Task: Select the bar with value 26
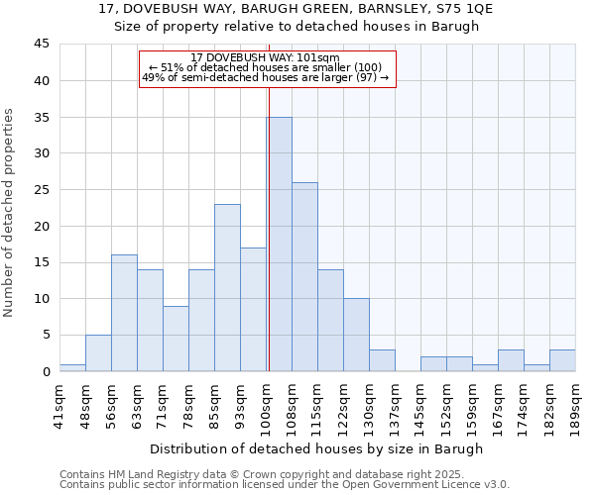(304, 277)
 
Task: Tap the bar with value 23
(227, 288)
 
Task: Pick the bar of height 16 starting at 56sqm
(124, 313)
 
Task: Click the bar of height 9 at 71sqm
(176, 339)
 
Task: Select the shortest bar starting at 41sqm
(72, 367)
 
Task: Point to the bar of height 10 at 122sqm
(356, 335)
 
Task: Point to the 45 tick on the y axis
(42, 45)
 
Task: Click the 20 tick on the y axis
(42, 226)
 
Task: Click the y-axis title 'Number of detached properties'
(10, 214)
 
